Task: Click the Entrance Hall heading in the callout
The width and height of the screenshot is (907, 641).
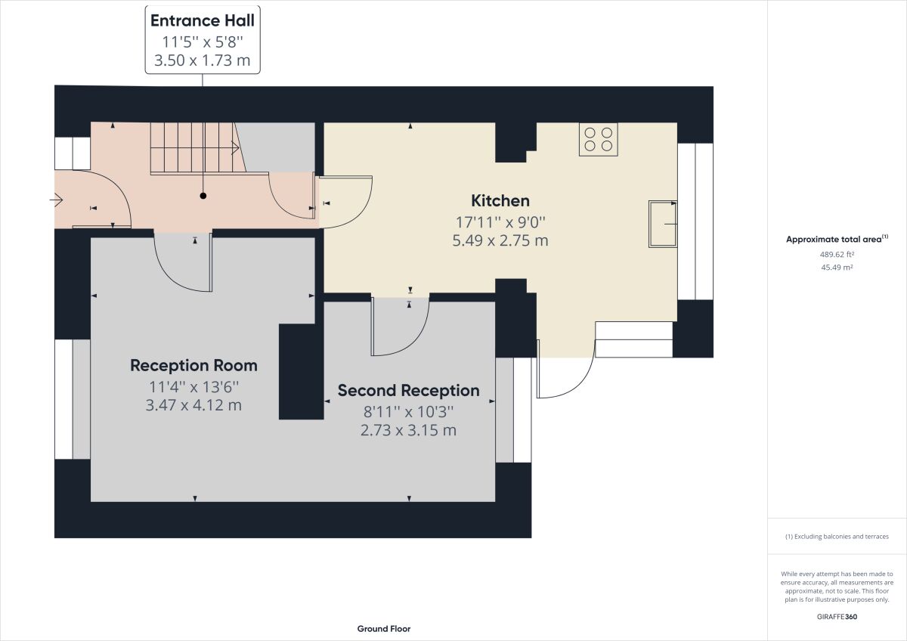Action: [x=203, y=20]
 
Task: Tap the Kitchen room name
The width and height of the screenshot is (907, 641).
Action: [x=500, y=201]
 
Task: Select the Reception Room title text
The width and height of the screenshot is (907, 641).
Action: [x=193, y=366]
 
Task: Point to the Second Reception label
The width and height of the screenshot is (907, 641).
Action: [x=409, y=391]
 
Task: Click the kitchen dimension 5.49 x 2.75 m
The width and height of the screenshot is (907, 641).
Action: [x=500, y=240]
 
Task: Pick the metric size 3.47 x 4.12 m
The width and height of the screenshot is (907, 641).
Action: [x=193, y=405]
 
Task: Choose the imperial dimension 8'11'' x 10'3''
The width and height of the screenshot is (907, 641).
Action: [x=409, y=412]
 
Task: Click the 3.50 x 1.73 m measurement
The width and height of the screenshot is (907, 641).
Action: [x=203, y=60]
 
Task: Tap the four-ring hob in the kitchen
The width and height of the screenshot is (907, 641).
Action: [x=599, y=139]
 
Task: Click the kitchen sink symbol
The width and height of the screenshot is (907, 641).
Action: [x=663, y=224]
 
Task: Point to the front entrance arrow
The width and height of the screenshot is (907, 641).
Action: [x=57, y=200]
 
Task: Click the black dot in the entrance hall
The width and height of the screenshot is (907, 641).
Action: [x=203, y=196]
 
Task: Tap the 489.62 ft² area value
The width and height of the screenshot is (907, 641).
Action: [x=837, y=254]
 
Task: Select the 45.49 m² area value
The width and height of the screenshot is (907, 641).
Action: [x=837, y=268]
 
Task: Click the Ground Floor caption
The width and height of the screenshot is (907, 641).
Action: [x=384, y=629]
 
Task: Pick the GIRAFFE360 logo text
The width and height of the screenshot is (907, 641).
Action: [x=837, y=617]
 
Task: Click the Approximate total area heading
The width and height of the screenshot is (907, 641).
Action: [x=837, y=239]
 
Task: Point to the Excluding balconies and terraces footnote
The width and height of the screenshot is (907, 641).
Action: [x=837, y=537]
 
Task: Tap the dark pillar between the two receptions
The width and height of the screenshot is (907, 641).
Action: [x=302, y=372]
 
